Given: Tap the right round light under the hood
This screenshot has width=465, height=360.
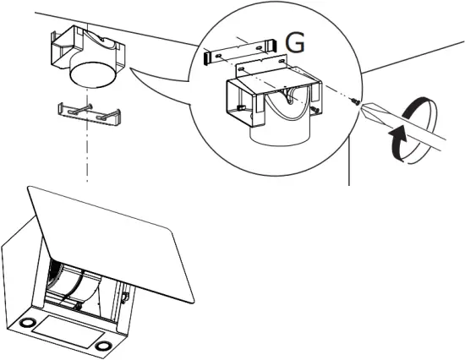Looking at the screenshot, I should click(103, 346).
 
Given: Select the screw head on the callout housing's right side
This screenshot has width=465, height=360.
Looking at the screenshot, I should click(315, 108).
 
